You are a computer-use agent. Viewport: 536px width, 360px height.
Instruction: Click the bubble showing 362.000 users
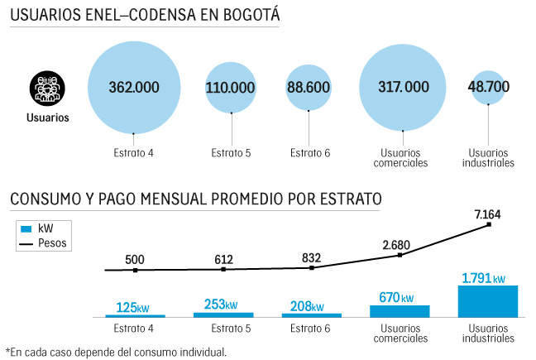click(x=134, y=86)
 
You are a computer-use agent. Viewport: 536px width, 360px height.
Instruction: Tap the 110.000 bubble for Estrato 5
click(x=231, y=87)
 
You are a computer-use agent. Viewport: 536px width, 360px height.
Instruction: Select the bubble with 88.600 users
click(x=310, y=87)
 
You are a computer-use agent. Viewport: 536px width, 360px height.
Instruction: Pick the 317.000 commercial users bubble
click(x=403, y=87)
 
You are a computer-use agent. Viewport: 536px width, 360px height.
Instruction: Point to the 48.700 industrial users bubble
click(x=488, y=87)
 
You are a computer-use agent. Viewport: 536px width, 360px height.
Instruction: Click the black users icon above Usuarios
click(x=46, y=87)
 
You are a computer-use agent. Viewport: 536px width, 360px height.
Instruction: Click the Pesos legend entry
click(x=52, y=243)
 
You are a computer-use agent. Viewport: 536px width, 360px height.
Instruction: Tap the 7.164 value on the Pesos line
click(x=487, y=215)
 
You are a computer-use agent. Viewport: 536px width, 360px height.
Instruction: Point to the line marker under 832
click(x=311, y=267)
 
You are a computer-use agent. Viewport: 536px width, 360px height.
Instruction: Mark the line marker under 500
click(x=135, y=270)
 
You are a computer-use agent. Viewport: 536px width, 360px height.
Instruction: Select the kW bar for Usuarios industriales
click(x=487, y=301)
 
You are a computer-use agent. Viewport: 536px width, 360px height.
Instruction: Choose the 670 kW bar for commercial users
click(x=400, y=311)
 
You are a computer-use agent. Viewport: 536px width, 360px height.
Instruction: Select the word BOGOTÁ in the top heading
click(x=245, y=16)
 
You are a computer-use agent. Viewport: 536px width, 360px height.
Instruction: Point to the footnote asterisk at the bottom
click(x=7, y=351)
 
